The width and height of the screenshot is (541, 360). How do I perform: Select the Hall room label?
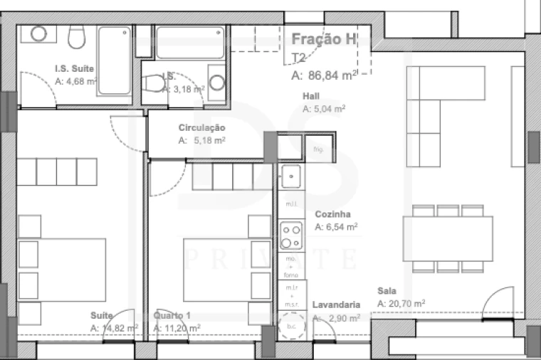pos(310,96)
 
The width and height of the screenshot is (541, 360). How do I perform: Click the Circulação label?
pos(202,128)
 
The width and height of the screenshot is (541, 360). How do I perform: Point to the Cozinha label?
pos(332,214)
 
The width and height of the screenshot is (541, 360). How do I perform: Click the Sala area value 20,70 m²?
pos(401,303)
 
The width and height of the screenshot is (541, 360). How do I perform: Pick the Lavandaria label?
pos(336,305)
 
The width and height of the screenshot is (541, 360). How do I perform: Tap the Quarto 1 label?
pos(172,315)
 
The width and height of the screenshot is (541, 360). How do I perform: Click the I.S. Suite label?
pos(75,69)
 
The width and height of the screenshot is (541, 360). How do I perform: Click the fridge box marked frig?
pos(318,149)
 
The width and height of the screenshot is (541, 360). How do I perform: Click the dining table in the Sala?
pos(448,238)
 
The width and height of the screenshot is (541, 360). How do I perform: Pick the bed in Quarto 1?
pos(216,270)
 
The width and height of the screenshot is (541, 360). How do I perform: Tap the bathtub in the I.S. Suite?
pos(114,60)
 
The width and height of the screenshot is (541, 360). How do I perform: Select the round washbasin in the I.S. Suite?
pos(38,33)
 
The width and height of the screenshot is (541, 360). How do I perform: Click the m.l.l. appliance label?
pos(290,203)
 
